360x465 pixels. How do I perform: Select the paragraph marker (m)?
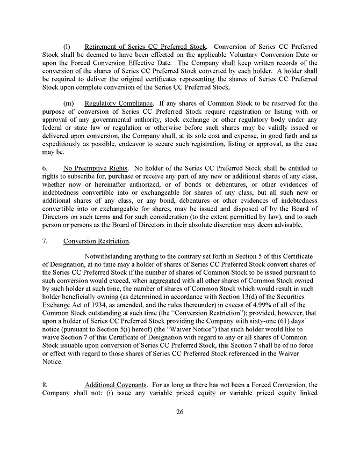68,103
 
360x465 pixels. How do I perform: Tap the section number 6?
45,168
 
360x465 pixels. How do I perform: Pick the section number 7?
45,241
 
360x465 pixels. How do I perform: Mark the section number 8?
45,385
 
